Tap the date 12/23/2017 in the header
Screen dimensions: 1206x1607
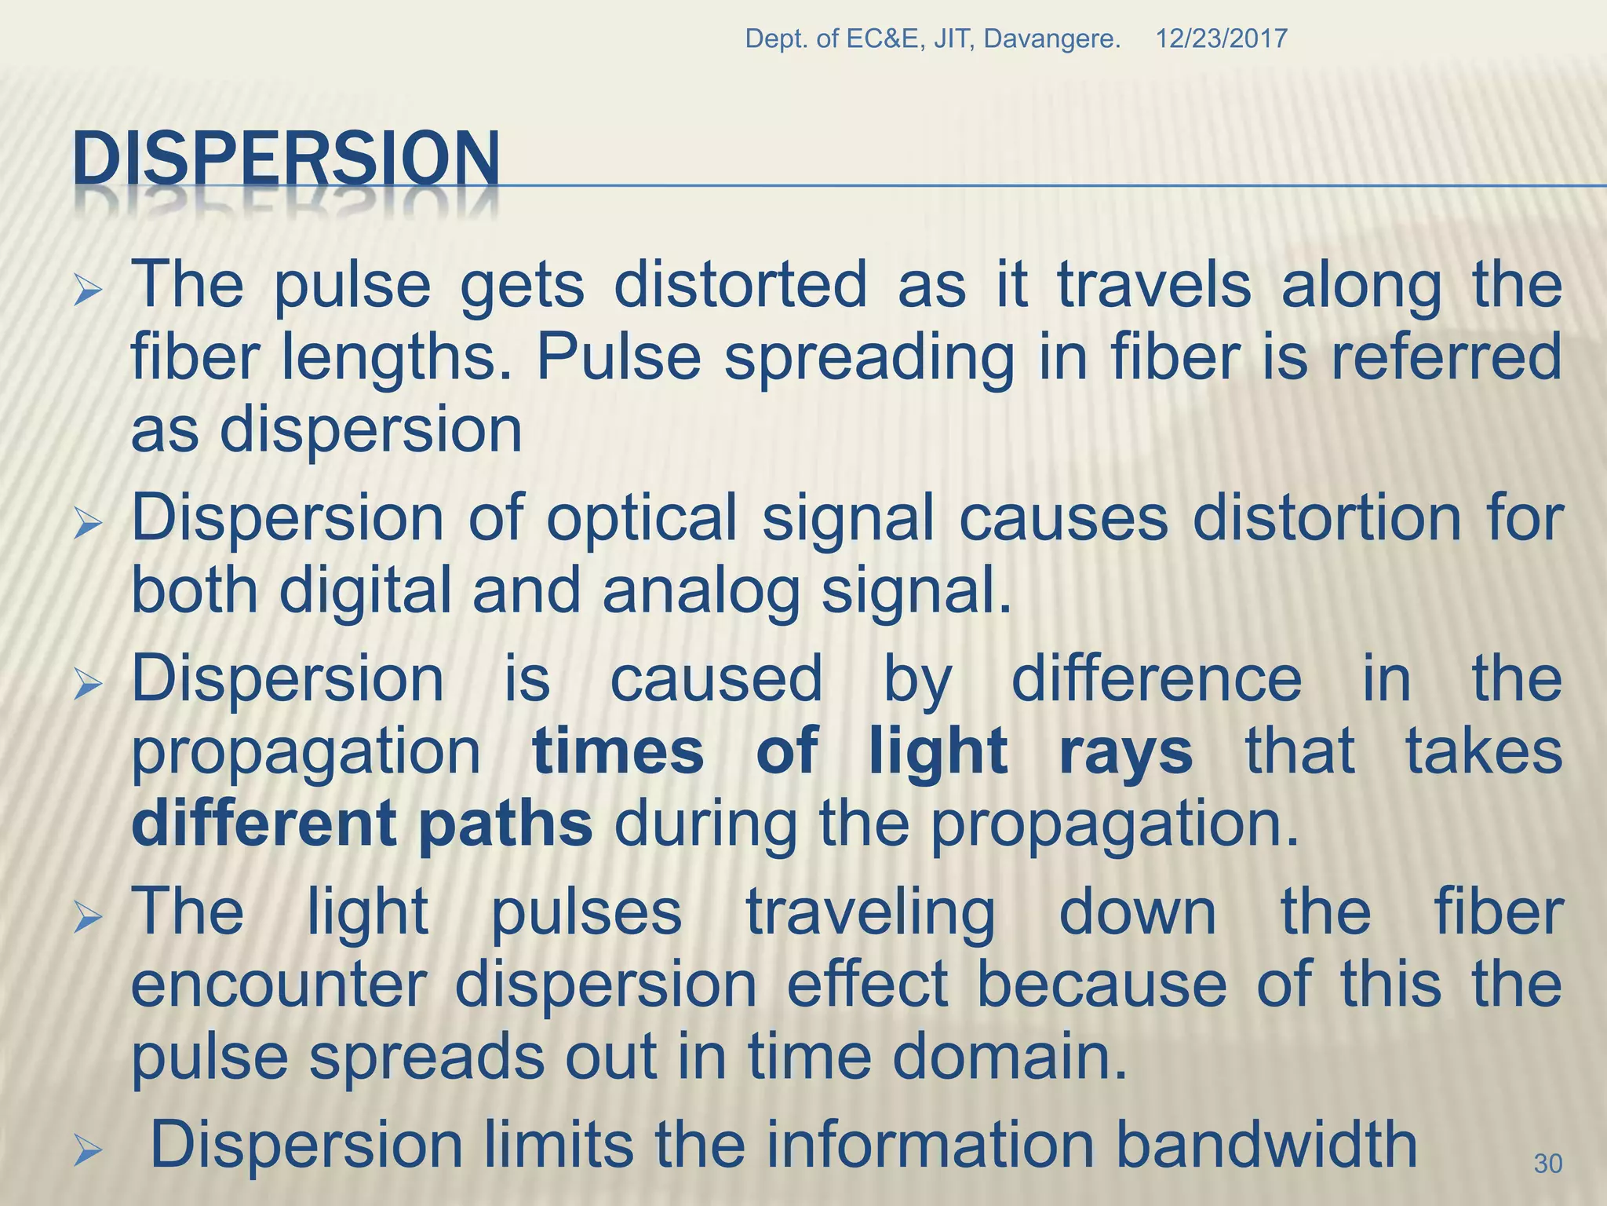(x=1221, y=38)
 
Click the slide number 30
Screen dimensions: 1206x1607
(x=1547, y=1163)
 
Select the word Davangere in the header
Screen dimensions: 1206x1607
(x=1051, y=38)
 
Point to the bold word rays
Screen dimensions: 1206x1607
(x=1126, y=751)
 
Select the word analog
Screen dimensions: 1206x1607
(x=701, y=591)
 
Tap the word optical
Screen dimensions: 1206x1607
(x=642, y=518)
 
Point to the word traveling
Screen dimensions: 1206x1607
(x=870, y=912)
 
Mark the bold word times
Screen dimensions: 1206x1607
(x=618, y=751)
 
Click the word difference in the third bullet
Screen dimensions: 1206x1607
(x=1157, y=678)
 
